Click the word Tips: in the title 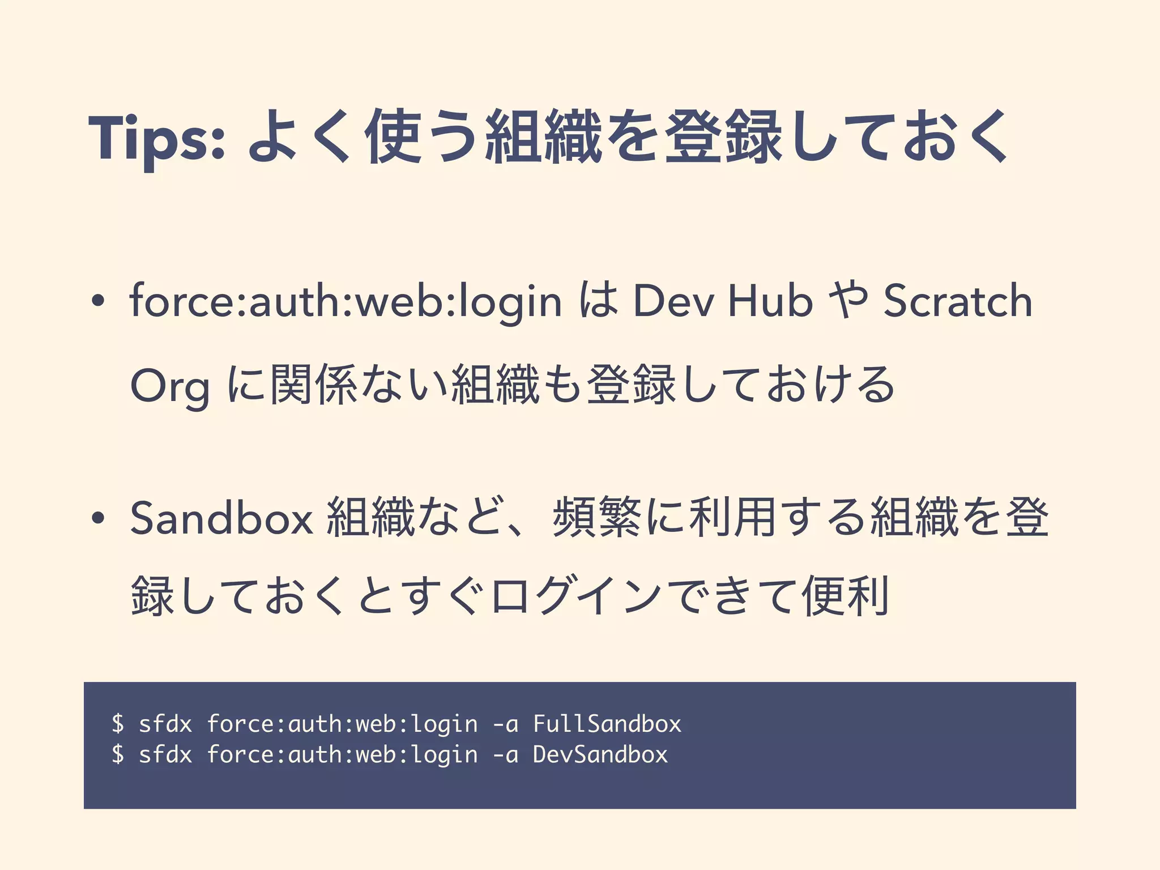pyautogui.click(x=156, y=138)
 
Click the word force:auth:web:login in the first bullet pyautogui.click(x=346, y=301)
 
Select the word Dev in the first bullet pyautogui.click(x=673, y=301)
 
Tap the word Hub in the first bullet pyautogui.click(x=771, y=301)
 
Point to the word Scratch pyautogui.click(x=958, y=301)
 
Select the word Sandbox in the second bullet pyautogui.click(x=221, y=518)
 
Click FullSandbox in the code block pyautogui.click(x=607, y=724)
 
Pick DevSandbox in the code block pyautogui.click(x=600, y=754)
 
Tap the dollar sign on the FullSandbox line pyautogui.click(x=118, y=724)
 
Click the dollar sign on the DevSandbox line pyautogui.click(x=118, y=754)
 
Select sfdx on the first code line pyautogui.click(x=165, y=724)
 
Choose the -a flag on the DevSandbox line pyautogui.click(x=505, y=754)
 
